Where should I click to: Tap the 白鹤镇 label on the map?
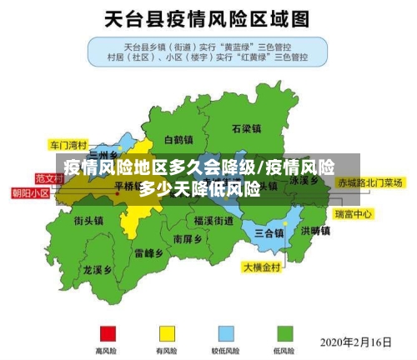[x=178, y=139]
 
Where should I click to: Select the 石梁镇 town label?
[x=247, y=129]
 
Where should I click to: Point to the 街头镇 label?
[x=88, y=221]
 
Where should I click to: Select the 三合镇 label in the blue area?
[x=269, y=232]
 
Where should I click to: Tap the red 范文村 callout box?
[x=49, y=177]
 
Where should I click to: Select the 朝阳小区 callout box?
[x=30, y=192]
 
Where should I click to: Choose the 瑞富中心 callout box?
[x=353, y=214]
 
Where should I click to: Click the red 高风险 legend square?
[x=106, y=333]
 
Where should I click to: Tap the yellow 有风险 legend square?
[x=168, y=333]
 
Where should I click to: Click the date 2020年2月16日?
[x=356, y=342]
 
